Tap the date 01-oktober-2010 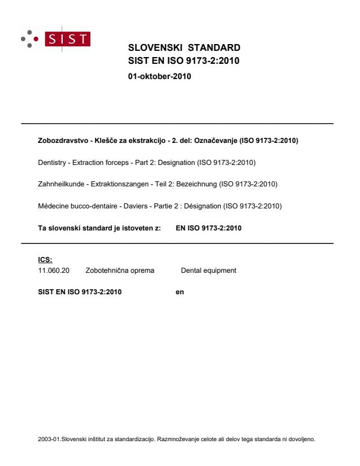(x=160, y=77)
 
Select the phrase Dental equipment (x=209, y=271)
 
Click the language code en (x=180, y=292)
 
